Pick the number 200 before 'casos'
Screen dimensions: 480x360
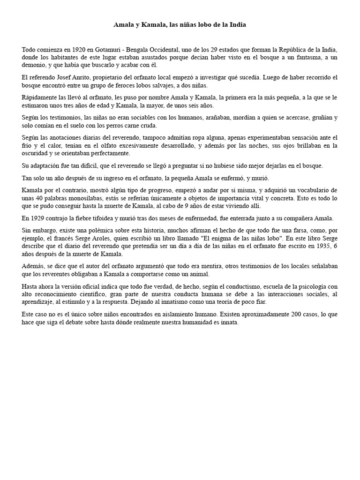click(x=262, y=315)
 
